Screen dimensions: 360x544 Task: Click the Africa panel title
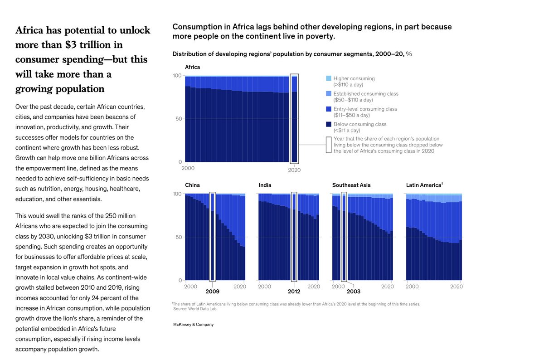192,67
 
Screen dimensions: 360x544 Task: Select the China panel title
192,185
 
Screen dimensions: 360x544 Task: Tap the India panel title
265,185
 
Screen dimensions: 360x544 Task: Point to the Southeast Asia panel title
351,185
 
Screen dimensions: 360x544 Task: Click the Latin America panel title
424,185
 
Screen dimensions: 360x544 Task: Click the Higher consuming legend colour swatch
329,79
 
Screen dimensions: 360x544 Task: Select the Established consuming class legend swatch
329,94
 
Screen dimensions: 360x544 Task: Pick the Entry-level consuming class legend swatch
329,109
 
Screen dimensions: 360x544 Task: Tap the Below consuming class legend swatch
329,124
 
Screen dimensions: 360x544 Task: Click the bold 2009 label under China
212,292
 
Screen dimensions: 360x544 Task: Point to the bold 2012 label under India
294,292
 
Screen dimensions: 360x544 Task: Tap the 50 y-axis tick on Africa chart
178,119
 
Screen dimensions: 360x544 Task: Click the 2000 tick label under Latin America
412,287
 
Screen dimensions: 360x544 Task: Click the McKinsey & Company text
193,325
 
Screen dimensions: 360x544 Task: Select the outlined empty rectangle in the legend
329,145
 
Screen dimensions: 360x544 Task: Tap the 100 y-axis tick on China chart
177,194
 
